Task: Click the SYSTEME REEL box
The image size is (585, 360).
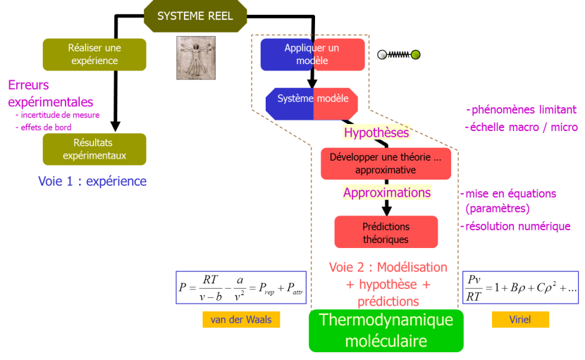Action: point(195,15)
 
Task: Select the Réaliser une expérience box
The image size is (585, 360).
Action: point(94,54)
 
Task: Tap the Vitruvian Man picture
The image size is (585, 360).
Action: point(195,58)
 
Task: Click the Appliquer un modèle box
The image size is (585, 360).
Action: point(312,54)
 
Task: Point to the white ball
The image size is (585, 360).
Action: point(382,54)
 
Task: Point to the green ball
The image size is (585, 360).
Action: point(416,54)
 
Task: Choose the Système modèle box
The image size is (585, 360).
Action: point(312,99)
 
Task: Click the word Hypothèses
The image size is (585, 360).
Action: point(376,132)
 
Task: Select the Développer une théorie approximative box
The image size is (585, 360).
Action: point(386,163)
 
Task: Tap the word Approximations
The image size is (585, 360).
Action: point(387,192)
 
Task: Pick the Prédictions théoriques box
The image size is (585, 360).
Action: point(386,233)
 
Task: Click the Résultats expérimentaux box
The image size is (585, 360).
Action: point(94,149)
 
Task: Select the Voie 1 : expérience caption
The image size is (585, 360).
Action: point(92,181)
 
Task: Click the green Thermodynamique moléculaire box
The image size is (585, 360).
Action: point(386,330)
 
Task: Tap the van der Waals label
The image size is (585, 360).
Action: point(241,320)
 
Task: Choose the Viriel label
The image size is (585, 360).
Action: point(520,320)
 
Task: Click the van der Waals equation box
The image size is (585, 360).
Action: point(240,287)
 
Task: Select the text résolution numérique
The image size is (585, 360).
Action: point(518,226)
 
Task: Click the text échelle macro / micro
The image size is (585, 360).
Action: point(522,127)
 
